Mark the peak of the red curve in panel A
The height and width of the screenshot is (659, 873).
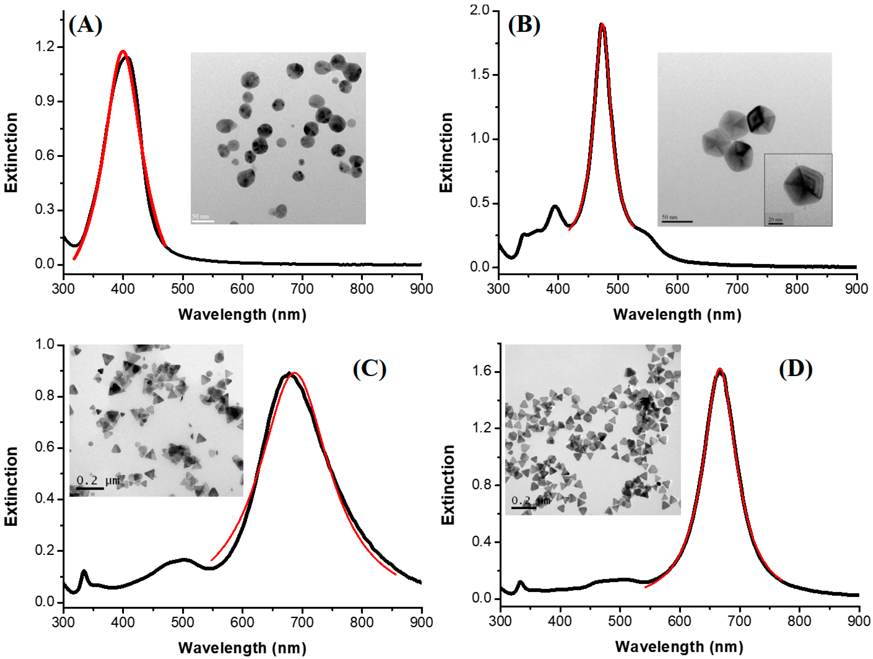(123, 51)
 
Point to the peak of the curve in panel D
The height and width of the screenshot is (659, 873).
(720, 369)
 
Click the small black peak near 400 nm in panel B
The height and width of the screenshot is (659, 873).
(555, 206)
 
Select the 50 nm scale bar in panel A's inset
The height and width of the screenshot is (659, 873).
(203, 221)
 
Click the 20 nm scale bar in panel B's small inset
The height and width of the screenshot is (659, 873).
(776, 224)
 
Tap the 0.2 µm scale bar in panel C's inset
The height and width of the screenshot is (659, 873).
(90, 489)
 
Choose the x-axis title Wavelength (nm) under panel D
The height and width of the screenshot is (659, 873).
(679, 647)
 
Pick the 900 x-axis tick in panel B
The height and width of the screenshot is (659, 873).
(856, 289)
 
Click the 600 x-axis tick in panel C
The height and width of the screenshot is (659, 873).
(242, 623)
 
